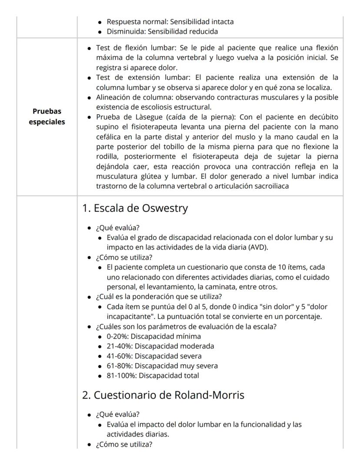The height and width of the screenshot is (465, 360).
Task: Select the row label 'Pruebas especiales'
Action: point(47,116)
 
